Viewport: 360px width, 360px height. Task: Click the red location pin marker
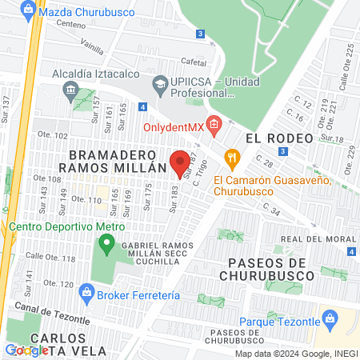pyautogui.click(x=180, y=162)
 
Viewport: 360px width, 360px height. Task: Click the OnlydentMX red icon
pyautogui.click(x=213, y=124)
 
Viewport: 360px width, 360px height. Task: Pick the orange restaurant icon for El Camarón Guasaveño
pyautogui.click(x=233, y=158)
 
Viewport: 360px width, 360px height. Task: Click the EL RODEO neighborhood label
pyautogui.click(x=279, y=138)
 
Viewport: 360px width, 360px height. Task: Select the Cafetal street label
pyautogui.click(x=194, y=61)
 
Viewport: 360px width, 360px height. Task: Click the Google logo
pyautogui.click(x=26, y=350)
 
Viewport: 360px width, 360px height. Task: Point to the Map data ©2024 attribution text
pyautogui.click(x=296, y=354)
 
